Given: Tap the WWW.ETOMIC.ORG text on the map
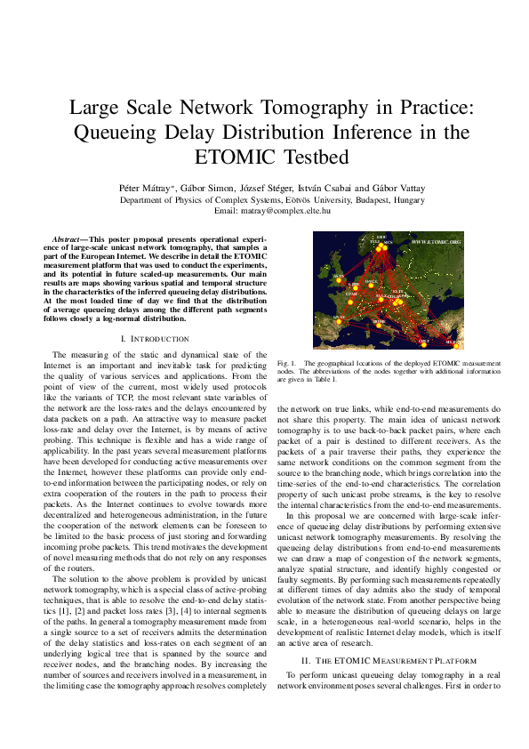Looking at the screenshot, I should (x=436, y=241).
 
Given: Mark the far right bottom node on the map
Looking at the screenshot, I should (x=456, y=339).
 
